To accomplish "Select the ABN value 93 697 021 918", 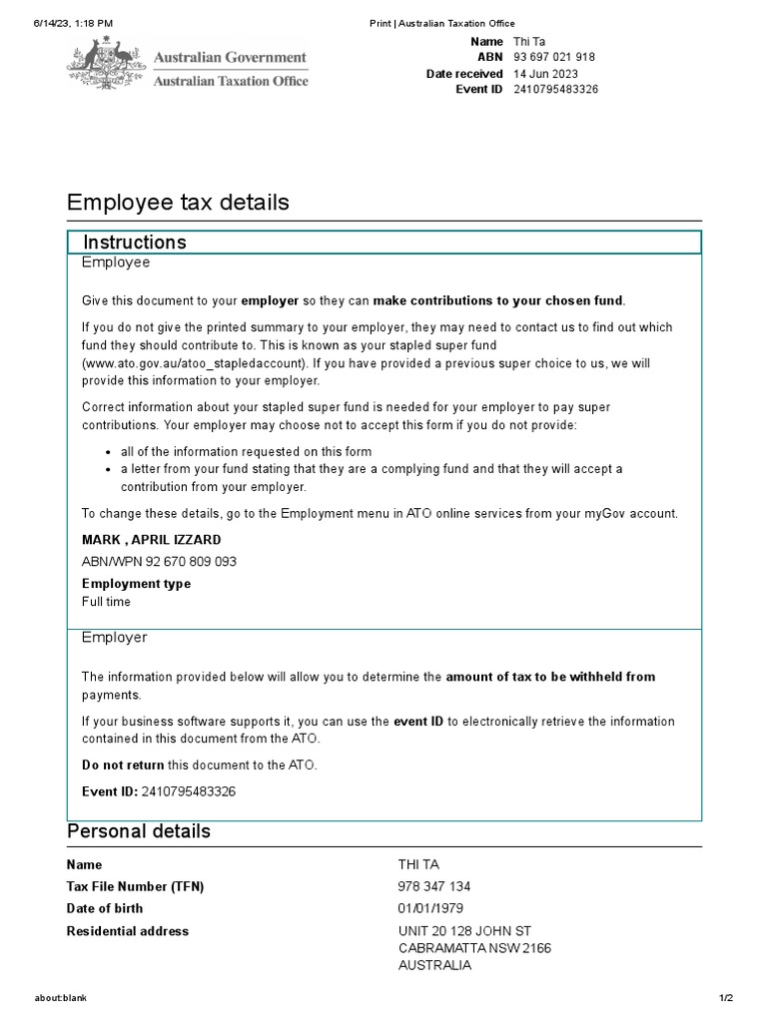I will click(x=554, y=58).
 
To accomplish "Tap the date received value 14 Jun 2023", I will click(x=546, y=74).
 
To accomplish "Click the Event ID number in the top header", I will click(x=556, y=90).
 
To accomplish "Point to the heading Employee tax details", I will click(x=178, y=203).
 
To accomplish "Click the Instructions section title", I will click(x=135, y=243).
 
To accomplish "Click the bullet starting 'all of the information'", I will click(x=246, y=451).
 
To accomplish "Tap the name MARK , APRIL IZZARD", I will click(x=152, y=540).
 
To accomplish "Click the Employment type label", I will click(x=136, y=584).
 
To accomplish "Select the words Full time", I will click(x=106, y=602).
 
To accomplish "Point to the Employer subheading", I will click(x=114, y=637).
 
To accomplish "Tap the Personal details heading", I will click(x=139, y=831).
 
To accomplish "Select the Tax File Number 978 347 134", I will click(x=434, y=886).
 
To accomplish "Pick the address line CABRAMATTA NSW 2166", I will click(x=474, y=948).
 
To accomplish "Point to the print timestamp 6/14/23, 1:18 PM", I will click(x=73, y=23).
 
